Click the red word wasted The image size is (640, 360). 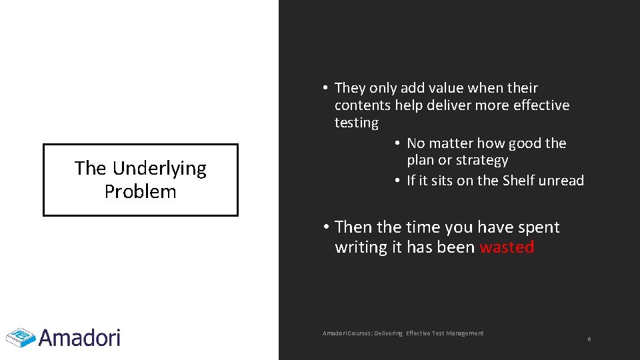coord(507,247)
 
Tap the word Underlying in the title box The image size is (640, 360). coord(159,169)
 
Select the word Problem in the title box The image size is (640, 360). coord(141,192)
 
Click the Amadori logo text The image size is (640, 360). coord(80,337)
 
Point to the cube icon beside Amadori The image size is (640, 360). coord(21,337)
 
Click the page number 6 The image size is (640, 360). coord(589,340)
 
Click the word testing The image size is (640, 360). coord(356,123)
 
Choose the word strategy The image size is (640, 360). coord(483,161)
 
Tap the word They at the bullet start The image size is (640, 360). coord(350,88)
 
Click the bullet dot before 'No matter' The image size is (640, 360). coord(397,143)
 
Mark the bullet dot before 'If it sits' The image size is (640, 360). coord(397,181)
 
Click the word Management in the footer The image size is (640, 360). coord(465,333)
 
